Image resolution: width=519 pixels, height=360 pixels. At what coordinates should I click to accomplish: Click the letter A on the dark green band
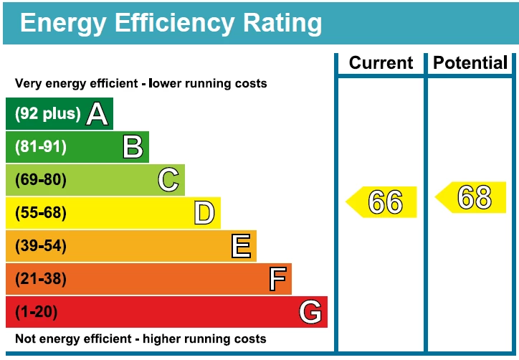(97, 114)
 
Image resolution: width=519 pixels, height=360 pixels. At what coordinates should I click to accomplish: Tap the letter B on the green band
(133, 147)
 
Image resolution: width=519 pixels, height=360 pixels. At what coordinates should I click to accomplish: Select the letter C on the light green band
(168, 180)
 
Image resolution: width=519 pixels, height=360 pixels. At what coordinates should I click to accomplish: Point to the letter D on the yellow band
(204, 213)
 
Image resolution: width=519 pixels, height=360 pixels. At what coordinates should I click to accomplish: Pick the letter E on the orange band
(242, 246)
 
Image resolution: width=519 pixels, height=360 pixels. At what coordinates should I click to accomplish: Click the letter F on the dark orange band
(277, 279)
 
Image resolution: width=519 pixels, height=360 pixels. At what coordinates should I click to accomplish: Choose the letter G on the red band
(310, 312)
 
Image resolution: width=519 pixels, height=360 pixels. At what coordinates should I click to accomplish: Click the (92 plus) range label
(48, 114)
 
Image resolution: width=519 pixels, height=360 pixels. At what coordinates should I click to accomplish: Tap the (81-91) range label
(41, 147)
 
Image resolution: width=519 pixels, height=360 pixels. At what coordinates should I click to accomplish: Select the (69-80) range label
(41, 180)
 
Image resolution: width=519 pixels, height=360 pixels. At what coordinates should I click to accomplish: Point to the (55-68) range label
(41, 213)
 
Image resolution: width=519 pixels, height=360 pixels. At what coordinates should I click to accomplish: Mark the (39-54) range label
(41, 246)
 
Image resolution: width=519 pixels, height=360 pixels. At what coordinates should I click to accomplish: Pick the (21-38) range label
(41, 279)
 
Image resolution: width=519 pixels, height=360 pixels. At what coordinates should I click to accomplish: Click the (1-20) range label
(37, 312)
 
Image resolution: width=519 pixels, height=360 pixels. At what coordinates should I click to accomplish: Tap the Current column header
(381, 63)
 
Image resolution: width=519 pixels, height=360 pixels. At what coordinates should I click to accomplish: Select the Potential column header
(470, 63)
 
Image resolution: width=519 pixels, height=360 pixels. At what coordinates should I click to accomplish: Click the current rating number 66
(386, 202)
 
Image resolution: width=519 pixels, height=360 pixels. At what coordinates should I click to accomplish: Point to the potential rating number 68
(475, 198)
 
